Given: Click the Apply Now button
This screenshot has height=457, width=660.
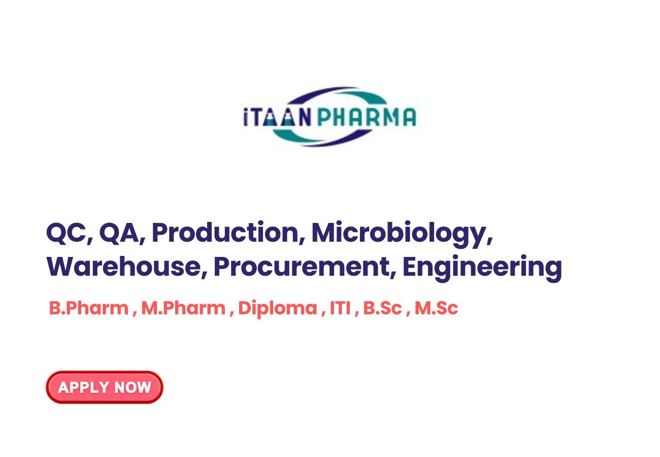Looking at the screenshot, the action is tap(104, 387).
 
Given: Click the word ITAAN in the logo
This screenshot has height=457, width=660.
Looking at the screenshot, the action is tap(277, 117).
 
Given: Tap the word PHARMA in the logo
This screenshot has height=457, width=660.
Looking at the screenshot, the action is tap(367, 117).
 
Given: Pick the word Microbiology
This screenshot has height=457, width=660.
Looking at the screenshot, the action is tap(399, 234).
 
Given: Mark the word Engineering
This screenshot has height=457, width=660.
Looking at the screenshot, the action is tap(482, 268).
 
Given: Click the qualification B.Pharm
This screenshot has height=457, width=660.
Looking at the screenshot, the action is tap(89, 308).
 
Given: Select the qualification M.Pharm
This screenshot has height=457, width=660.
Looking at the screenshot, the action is tap(183, 308).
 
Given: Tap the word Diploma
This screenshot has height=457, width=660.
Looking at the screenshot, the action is tap(278, 309).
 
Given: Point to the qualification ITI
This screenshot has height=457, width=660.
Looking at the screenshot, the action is tap(340, 308).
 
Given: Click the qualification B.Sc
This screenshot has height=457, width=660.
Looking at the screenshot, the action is tap(382, 308).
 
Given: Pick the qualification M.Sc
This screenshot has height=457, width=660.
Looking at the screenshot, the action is tap(437, 308).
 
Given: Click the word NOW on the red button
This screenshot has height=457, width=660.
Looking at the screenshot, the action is tap(133, 387).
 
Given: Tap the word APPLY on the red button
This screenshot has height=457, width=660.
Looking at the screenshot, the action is tap(84, 387).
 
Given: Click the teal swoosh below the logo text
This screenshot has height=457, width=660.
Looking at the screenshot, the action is tap(292, 135).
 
